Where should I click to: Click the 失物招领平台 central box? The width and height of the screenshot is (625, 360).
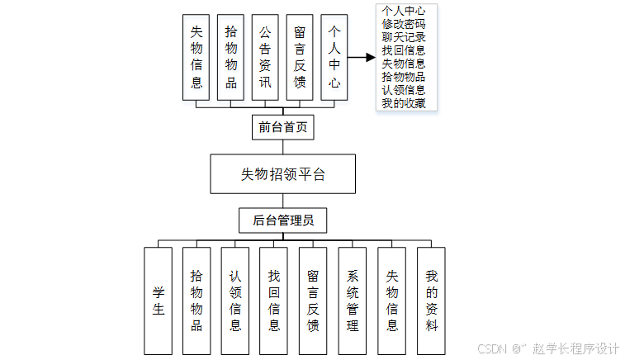click(282, 174)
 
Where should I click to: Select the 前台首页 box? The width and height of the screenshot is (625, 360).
click(282, 127)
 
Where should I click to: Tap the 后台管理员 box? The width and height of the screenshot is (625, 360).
click(282, 221)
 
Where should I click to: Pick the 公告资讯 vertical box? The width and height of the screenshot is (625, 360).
click(265, 57)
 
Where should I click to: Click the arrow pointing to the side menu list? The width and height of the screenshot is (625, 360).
click(361, 58)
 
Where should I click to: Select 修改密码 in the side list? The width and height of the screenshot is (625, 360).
click(404, 24)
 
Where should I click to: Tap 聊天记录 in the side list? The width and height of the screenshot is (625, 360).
click(404, 37)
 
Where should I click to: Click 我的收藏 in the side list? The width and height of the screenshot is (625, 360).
click(404, 102)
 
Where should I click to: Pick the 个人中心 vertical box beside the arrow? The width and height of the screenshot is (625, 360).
click(334, 57)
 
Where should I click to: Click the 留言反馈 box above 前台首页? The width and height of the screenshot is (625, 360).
click(300, 57)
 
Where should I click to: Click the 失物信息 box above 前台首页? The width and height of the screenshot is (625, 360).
click(196, 57)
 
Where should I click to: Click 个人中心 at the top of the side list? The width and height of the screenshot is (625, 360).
click(404, 11)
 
